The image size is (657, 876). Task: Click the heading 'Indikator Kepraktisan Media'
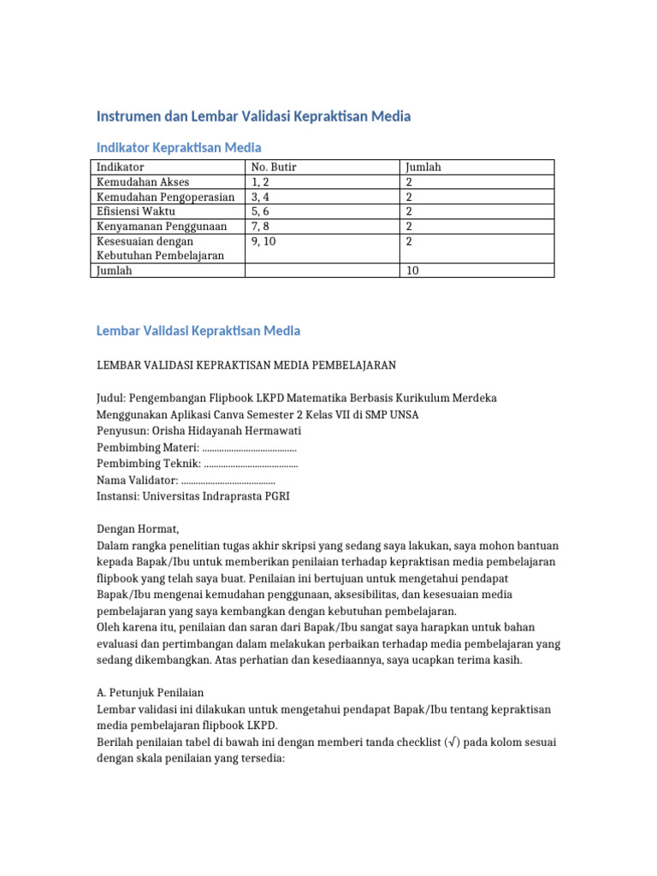coord(179,147)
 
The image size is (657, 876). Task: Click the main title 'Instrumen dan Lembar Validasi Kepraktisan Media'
coord(253,115)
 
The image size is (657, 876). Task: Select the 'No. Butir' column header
coord(274,168)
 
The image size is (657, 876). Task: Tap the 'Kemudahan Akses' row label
coord(143,182)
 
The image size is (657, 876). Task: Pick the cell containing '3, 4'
coord(262,197)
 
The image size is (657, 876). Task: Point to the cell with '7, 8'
coord(262,227)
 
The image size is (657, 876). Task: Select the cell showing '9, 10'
coord(264,241)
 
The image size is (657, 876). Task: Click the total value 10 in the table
coord(412,270)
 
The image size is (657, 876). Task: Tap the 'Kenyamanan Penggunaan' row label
coord(162,227)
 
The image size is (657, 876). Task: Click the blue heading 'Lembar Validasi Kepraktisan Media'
coord(198,330)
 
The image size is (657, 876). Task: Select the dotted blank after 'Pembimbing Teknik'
coord(252,464)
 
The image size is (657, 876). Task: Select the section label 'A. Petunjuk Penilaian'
coord(150,693)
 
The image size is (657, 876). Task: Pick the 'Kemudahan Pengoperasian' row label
coord(166,197)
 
